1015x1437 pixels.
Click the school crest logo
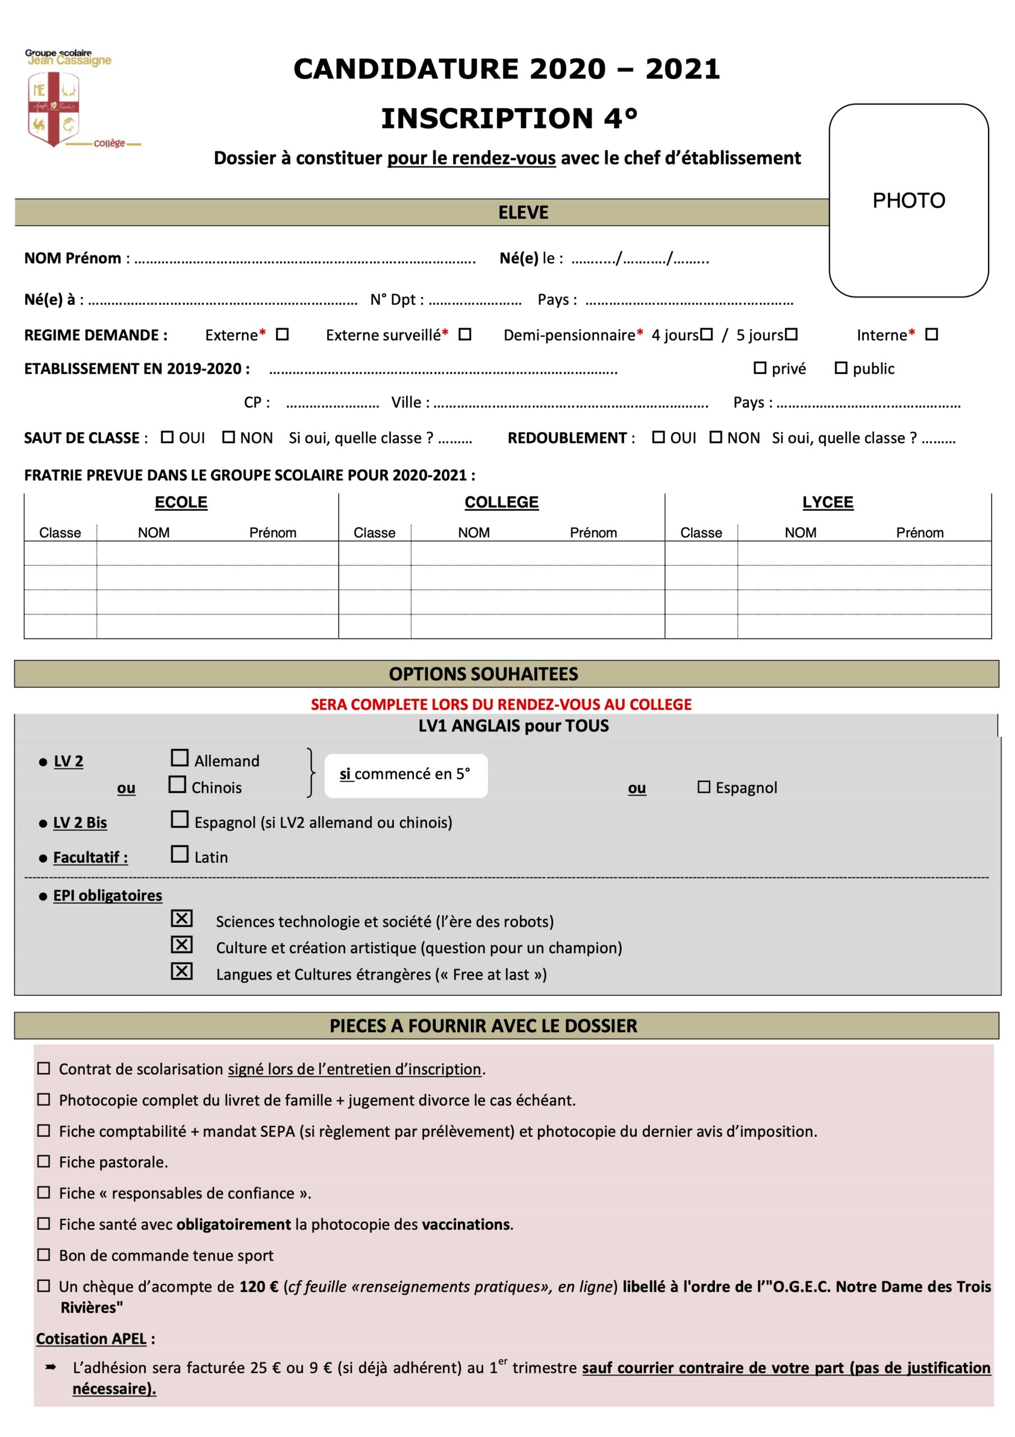tap(54, 108)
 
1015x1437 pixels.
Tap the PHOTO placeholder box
tap(908, 200)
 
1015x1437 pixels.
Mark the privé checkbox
tap(760, 368)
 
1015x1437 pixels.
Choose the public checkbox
tap(841, 368)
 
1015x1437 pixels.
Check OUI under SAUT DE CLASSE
tap(167, 437)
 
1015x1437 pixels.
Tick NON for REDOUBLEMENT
tap(716, 437)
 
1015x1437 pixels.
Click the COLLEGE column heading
tap(501, 502)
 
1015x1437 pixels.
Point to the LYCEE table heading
tap(827, 502)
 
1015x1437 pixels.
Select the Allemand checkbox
tap(180, 758)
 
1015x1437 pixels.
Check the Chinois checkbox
tap(178, 784)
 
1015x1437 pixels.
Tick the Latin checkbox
tap(180, 854)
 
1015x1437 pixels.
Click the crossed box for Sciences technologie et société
tap(181, 918)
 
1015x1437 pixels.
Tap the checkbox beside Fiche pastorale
tap(44, 1161)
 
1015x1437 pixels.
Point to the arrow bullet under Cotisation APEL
tap(50, 1367)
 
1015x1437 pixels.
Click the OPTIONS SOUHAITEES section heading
tap(483, 674)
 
